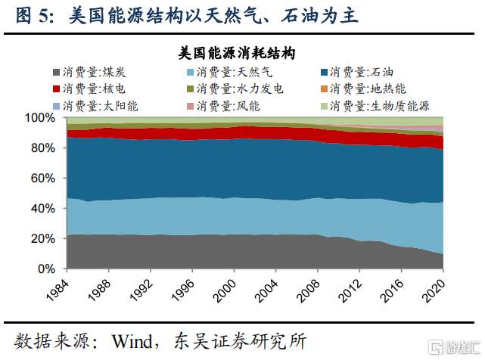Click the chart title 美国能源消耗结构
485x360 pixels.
click(237, 54)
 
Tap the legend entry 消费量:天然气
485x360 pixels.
click(231, 73)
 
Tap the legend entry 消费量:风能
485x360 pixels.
click(224, 106)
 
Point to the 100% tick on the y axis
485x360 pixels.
click(38, 118)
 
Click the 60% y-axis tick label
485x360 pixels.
click(41, 178)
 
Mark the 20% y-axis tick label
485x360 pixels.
click(41, 239)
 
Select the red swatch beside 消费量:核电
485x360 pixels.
click(58, 89)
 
